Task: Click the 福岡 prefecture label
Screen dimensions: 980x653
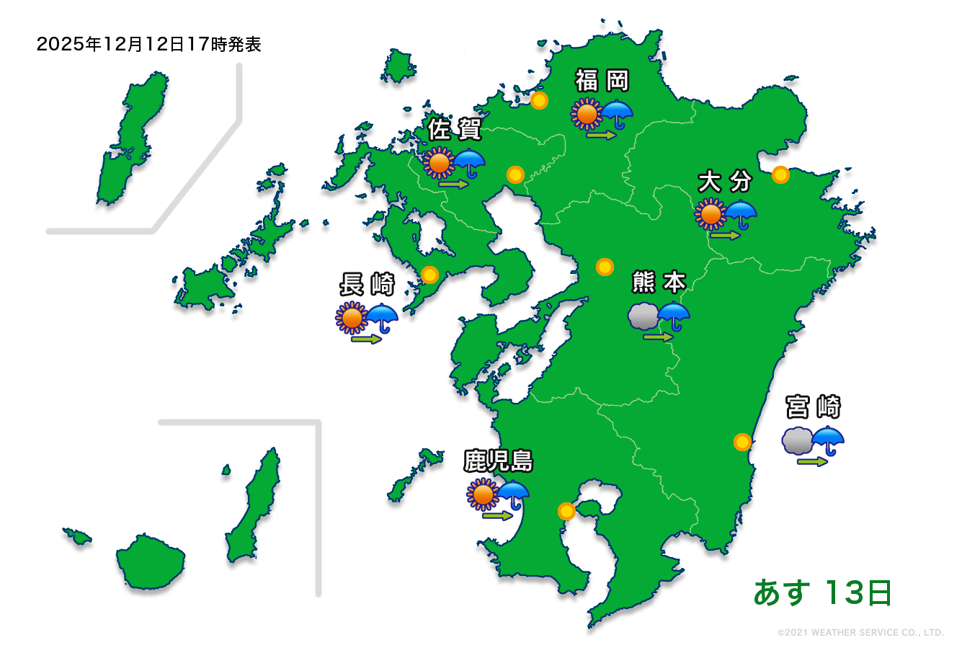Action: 602,81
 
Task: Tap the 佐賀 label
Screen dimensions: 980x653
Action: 454,130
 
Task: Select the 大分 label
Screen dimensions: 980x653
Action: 725,182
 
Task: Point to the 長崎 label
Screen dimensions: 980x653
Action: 367,285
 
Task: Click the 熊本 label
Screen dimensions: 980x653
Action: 659,282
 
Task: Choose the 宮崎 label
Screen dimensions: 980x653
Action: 814,407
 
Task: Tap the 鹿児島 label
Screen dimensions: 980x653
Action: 498,461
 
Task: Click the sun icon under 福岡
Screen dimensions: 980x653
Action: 587,114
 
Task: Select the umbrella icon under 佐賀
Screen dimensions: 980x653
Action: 469,163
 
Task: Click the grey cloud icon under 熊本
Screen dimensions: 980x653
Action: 643,316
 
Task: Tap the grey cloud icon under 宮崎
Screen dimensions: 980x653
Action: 797,440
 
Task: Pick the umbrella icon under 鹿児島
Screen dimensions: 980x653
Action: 513,494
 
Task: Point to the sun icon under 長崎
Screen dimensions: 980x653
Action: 352,317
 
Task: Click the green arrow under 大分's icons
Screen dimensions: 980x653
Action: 726,235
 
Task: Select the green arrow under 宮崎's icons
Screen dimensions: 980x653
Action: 813,461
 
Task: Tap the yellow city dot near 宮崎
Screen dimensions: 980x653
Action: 742,442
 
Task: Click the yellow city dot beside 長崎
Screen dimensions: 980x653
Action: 429,275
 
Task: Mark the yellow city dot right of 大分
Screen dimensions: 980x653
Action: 780,174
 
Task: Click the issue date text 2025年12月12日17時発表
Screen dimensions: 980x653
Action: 148,45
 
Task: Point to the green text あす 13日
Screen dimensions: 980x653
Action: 822,592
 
